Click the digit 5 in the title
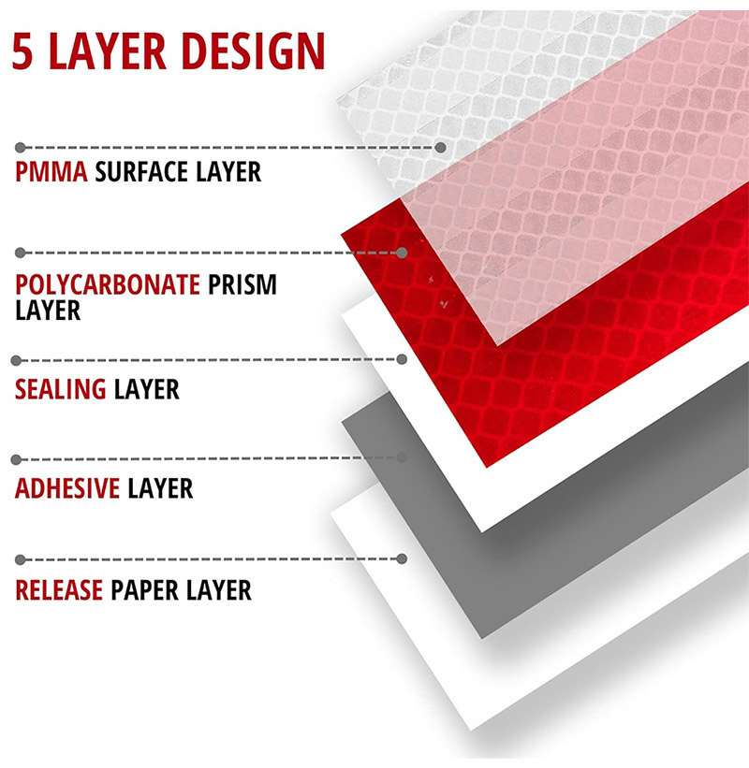[x=22, y=51]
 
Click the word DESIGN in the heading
[x=253, y=51]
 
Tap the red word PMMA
[x=51, y=172]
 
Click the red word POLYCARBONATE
[x=108, y=284]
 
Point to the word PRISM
[x=242, y=284]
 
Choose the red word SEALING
[x=60, y=389]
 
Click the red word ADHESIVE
[x=67, y=488]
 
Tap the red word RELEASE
[x=59, y=589]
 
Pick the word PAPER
[x=144, y=589]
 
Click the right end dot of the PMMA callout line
[x=441, y=148]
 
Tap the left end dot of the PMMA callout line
[x=20, y=148]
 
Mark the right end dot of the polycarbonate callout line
[x=402, y=253]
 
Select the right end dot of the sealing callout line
[x=402, y=359]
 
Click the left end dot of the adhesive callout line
[x=16, y=459]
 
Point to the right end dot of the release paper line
[x=402, y=558]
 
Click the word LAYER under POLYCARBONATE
[x=48, y=311]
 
